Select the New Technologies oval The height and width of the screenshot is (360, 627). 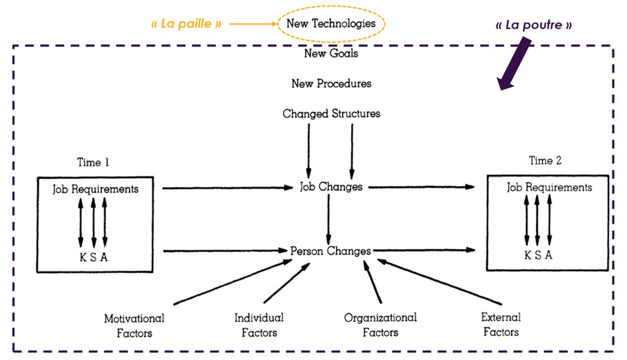331,24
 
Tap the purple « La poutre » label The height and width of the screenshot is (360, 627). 534,25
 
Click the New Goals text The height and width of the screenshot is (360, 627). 331,54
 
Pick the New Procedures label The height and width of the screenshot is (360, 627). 331,84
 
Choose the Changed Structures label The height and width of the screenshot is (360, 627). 331,113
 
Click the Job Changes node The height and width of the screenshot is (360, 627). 331,187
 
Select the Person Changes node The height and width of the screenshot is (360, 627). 330,251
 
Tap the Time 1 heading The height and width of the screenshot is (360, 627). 93,163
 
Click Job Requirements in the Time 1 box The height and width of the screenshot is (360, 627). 96,189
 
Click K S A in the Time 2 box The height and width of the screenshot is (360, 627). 538,255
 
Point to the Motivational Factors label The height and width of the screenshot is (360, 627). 134,325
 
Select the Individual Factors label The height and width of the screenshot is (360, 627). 259,325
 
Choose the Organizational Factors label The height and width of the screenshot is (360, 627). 380,325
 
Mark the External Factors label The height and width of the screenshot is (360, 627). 501,324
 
